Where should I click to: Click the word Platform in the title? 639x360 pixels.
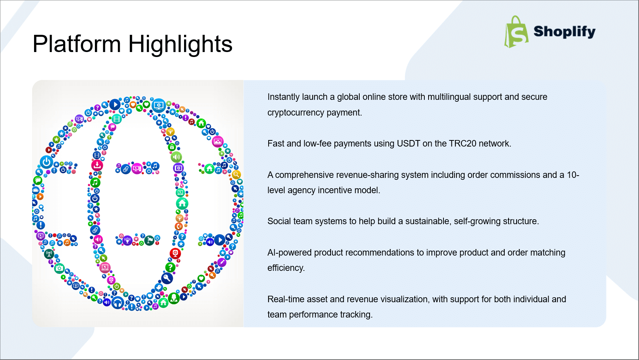(x=77, y=44)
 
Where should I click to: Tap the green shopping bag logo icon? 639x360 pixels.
(x=516, y=32)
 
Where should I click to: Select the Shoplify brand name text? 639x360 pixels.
(x=564, y=32)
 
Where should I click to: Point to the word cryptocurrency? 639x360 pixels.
(x=296, y=113)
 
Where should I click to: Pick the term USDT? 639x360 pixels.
(x=409, y=143)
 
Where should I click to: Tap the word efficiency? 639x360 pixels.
(x=286, y=268)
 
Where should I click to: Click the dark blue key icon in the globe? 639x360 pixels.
(x=167, y=278)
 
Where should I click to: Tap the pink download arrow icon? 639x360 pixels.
(x=97, y=165)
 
